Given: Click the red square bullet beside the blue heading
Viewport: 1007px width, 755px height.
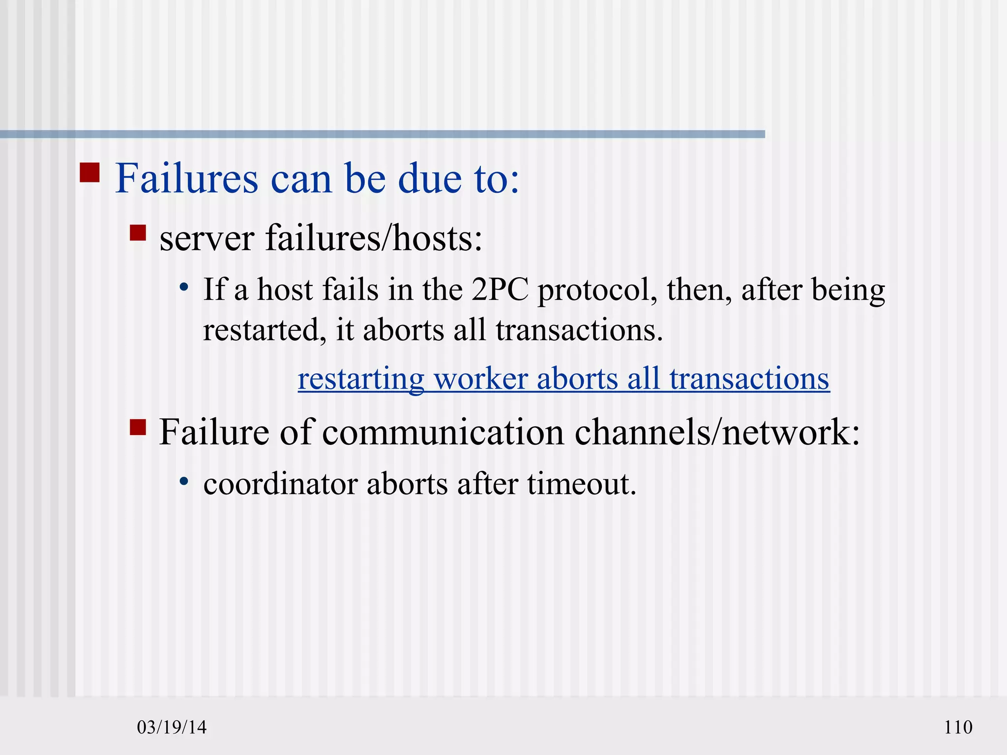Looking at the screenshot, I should pos(89,173).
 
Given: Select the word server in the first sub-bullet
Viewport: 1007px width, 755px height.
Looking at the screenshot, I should pos(207,239).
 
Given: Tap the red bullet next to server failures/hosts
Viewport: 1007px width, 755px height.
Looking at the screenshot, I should pos(138,232).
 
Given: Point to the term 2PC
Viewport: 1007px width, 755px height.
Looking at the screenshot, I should pos(500,290).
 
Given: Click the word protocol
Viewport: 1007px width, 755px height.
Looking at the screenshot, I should pos(598,291).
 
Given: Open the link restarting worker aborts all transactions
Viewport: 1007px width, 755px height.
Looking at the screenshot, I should pos(563,379).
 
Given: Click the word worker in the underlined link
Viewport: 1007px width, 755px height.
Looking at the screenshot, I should pos(481,379).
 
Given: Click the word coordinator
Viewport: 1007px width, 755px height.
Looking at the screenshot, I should pos(280,484).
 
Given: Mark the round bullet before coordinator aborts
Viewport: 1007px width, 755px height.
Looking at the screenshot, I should pos(184,481).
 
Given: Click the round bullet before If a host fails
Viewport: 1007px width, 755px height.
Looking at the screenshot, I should pos(184,287).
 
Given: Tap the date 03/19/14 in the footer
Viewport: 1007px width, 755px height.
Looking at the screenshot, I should pos(172,727).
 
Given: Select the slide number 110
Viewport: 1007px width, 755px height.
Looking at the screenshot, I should pos(958,727).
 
